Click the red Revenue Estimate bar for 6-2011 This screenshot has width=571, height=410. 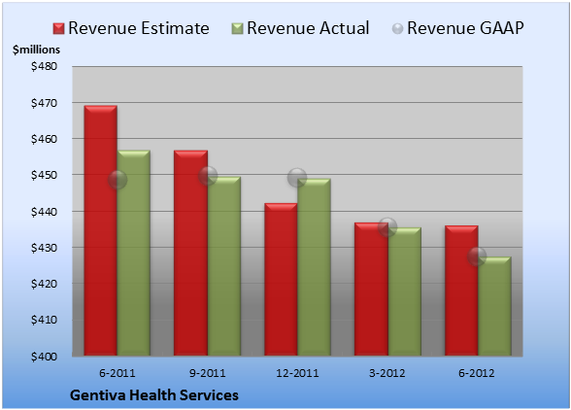(101, 230)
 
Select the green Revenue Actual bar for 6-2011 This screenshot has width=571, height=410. (134, 253)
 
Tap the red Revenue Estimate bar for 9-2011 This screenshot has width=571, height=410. (190, 253)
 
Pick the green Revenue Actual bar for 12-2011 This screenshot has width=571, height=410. (314, 267)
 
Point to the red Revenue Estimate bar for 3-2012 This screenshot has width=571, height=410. (371, 289)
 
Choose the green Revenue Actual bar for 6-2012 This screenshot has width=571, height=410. (494, 306)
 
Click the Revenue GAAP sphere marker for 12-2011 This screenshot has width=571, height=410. (297, 178)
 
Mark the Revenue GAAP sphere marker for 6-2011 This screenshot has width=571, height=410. (118, 180)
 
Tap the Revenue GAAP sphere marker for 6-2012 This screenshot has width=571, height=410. (477, 256)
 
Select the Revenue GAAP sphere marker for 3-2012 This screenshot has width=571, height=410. (387, 227)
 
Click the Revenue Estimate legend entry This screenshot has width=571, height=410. (131, 28)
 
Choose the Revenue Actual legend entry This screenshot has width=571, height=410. (300, 28)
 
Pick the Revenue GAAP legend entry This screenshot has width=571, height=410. (457, 28)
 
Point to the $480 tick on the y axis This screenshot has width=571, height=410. (44, 66)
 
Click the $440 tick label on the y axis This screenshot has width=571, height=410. (44, 212)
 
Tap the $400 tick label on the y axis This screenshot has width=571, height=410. (44, 357)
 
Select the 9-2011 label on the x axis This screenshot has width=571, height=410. (208, 373)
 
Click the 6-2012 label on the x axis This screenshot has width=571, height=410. (477, 373)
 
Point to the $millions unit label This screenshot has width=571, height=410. (37, 50)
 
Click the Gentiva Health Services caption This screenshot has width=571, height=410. (154, 395)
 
